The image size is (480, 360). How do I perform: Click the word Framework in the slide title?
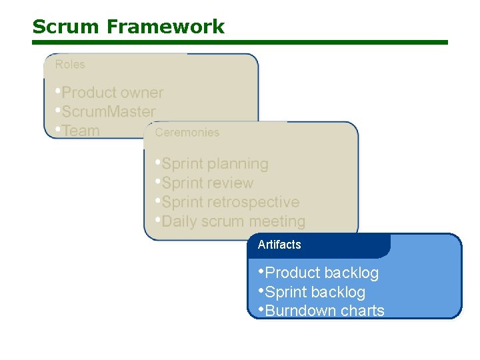click(165, 27)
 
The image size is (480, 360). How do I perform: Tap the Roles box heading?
click(70, 65)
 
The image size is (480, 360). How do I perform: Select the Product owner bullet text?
click(112, 93)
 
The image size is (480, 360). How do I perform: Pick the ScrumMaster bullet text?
click(108, 112)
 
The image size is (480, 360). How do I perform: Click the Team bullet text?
click(81, 131)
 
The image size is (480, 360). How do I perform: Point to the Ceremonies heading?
click(187, 132)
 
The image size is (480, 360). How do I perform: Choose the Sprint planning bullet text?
click(215, 164)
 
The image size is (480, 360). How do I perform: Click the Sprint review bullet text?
click(207, 183)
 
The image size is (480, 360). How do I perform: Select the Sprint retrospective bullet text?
click(230, 202)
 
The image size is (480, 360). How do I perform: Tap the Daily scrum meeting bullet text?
click(233, 221)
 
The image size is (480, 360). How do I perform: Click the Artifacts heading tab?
click(279, 245)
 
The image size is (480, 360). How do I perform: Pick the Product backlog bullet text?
click(321, 273)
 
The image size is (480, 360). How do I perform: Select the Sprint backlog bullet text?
click(315, 292)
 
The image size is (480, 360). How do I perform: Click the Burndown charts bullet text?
click(325, 311)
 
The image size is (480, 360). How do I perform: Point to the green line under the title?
click(240, 42)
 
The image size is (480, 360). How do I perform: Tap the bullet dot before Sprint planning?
click(157, 162)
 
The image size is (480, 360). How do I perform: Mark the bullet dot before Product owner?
click(58, 91)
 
